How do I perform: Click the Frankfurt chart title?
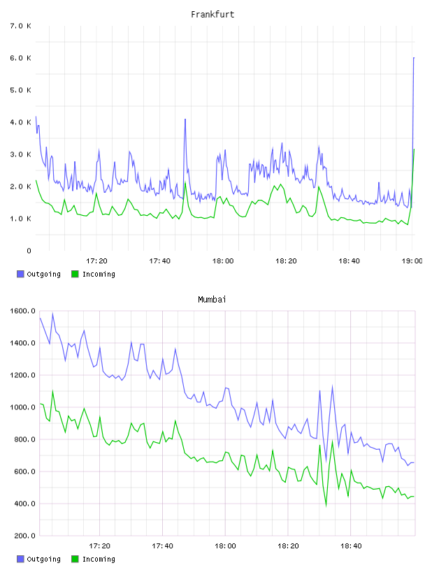pyautogui.click(x=212, y=15)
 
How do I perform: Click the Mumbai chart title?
pyautogui.click(x=212, y=300)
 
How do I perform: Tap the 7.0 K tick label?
pyautogui.click(x=20, y=26)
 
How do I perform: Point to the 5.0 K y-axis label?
pyautogui.click(x=20, y=90)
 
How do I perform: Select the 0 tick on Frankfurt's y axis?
pyautogui.click(x=29, y=251)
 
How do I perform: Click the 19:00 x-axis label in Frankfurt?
pyautogui.click(x=412, y=261)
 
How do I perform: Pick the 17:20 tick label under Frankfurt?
pyautogui.click(x=96, y=261)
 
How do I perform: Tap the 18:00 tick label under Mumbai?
pyautogui.click(x=225, y=546)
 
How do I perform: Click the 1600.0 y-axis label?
pyautogui.click(x=22, y=311)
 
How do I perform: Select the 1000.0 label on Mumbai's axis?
pyautogui.click(x=22, y=407)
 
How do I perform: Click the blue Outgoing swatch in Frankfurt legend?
pyautogui.click(x=20, y=274)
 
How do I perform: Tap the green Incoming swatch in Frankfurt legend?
pyautogui.click(x=75, y=274)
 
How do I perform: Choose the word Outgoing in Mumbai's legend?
pyautogui.click(x=43, y=559)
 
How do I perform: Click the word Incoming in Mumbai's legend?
pyautogui.click(x=99, y=559)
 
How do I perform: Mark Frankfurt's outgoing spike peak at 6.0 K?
pyautogui.click(x=414, y=58)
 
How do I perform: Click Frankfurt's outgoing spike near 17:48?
pyautogui.click(x=185, y=119)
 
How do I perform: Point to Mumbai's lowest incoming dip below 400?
pyautogui.click(x=326, y=505)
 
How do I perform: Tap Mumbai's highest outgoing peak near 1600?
pyautogui.click(x=52, y=314)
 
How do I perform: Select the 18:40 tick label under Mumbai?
pyautogui.click(x=351, y=546)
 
